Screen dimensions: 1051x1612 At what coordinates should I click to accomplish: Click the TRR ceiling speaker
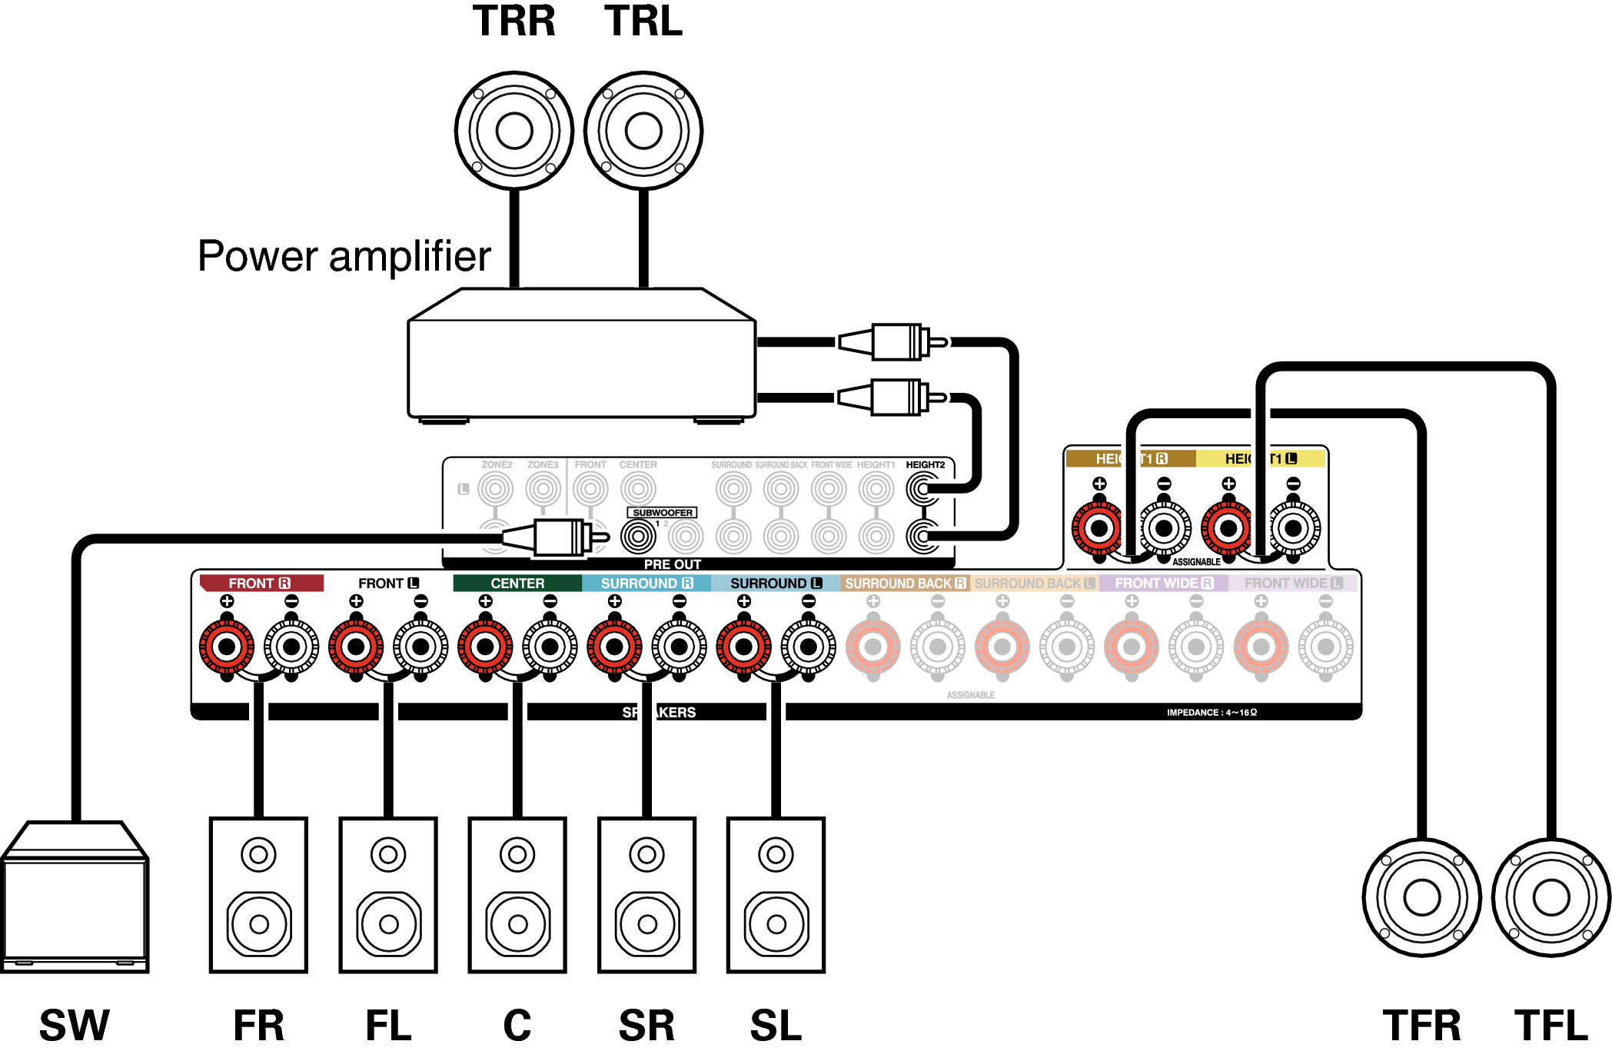point(514,131)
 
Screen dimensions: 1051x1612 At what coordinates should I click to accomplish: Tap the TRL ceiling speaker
point(643,131)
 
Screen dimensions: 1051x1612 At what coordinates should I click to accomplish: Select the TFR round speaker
point(1421,897)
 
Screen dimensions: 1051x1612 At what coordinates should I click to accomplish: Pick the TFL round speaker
point(1551,897)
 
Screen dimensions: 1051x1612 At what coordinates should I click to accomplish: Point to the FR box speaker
point(259,895)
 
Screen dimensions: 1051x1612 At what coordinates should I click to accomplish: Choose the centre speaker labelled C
point(517,895)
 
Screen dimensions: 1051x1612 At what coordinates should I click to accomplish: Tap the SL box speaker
point(776,895)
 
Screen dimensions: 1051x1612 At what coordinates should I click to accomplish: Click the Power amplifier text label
point(344,256)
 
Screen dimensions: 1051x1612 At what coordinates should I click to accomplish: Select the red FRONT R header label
point(260,584)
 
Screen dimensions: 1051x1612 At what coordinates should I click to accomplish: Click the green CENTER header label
point(517,584)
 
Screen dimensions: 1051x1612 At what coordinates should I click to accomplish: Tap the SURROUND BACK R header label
point(905,584)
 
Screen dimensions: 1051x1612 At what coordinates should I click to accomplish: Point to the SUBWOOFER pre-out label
point(662,513)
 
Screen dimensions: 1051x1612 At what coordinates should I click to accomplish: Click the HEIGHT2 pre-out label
point(925,465)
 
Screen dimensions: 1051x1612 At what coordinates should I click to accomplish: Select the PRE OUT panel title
point(672,564)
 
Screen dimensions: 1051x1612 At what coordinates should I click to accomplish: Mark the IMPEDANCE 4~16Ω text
point(1211,713)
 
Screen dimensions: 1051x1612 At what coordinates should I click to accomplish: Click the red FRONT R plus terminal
point(227,647)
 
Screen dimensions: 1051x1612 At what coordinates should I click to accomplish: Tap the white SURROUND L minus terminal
point(808,647)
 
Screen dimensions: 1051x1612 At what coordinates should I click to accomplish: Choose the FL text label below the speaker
point(388,1026)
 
